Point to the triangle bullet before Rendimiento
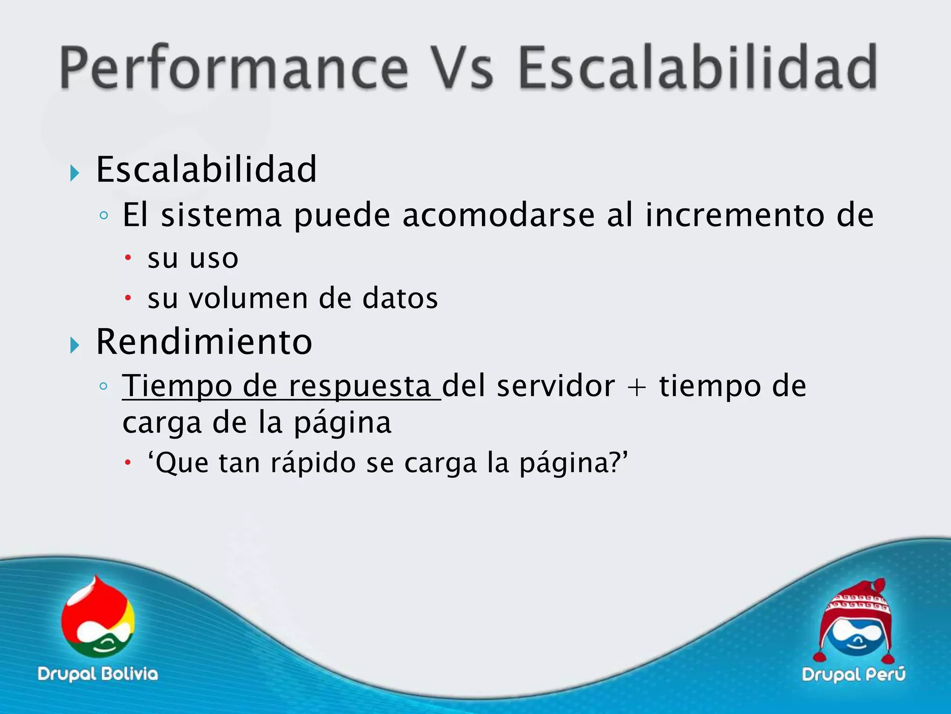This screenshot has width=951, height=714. click(74, 345)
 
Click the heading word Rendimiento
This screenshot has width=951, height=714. click(204, 342)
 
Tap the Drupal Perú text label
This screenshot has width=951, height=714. click(853, 674)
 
